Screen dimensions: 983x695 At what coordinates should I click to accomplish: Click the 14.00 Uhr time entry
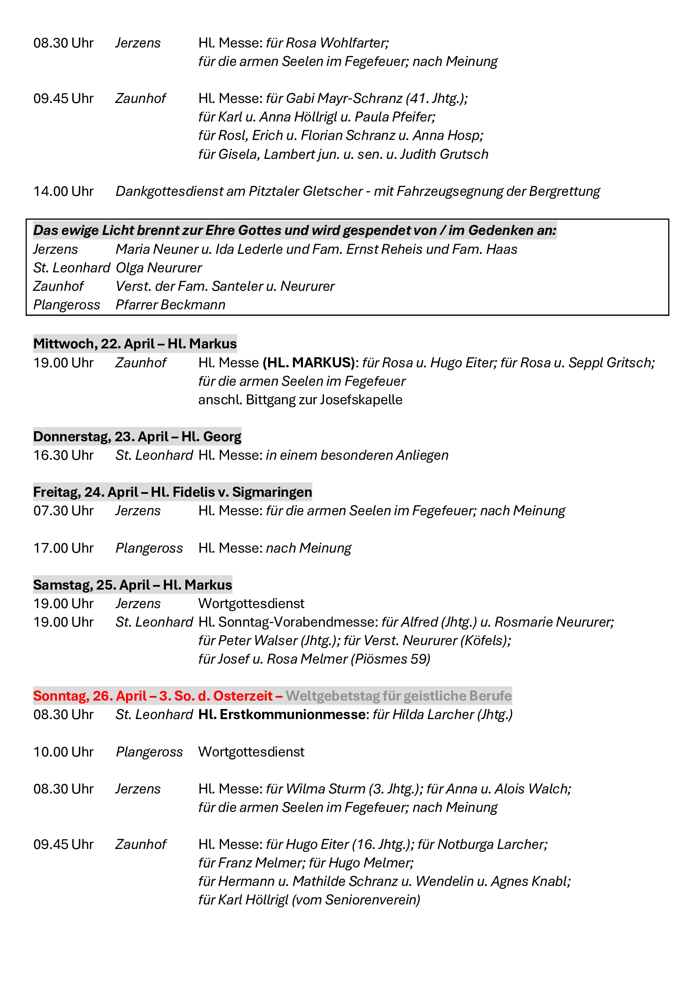point(63,191)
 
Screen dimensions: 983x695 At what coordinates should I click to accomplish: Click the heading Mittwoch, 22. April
point(94,344)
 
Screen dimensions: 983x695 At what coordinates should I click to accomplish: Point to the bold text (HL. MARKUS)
point(308,363)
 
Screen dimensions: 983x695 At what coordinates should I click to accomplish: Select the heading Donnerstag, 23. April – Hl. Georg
point(137,437)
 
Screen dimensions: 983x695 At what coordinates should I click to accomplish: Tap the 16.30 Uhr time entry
point(63,455)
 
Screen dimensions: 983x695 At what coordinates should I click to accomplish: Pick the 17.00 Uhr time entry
point(63,548)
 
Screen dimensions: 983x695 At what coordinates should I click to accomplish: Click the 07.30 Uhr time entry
point(63,511)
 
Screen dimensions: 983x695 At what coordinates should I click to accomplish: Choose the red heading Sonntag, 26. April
point(90,696)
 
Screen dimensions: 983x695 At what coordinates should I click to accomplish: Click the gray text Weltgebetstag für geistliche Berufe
point(398,696)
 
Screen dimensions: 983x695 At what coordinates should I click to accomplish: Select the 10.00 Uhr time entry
point(63,752)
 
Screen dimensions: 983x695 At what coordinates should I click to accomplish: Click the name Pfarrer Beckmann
point(170,305)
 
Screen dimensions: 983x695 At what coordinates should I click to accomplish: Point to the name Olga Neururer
point(159,268)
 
